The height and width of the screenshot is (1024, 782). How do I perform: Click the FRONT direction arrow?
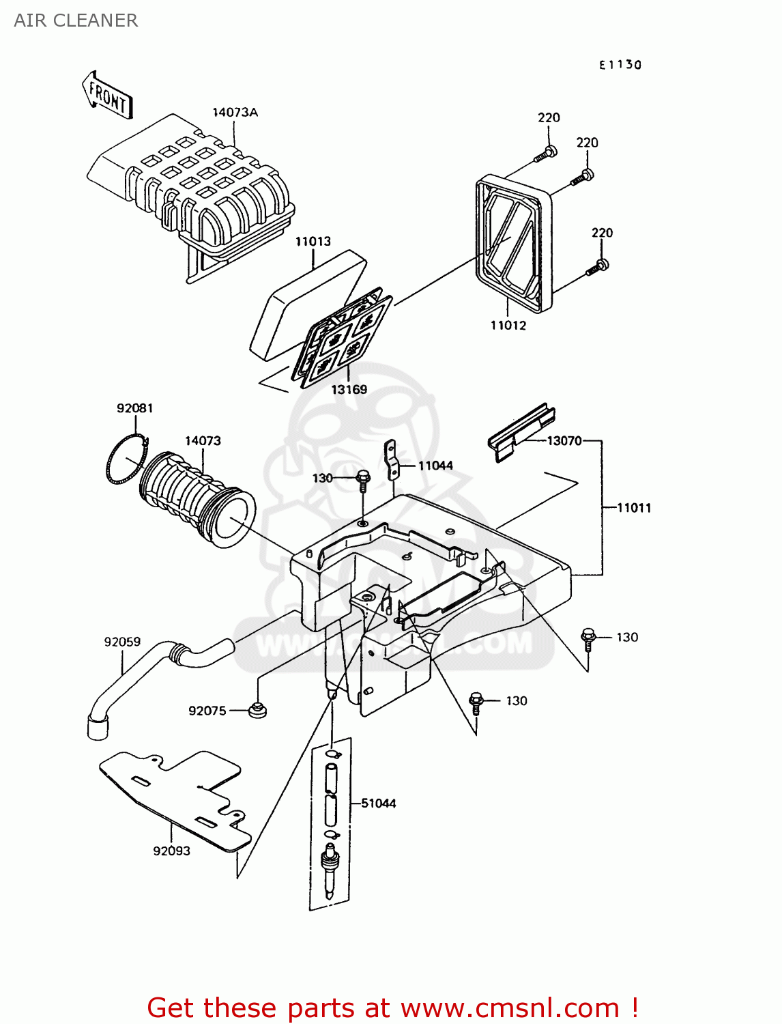[x=108, y=96]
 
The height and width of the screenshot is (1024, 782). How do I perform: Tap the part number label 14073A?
[x=235, y=113]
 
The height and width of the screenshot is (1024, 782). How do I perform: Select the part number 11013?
[x=313, y=242]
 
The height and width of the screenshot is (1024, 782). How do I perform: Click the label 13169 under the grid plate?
[x=349, y=389]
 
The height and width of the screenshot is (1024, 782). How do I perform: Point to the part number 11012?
[x=508, y=326]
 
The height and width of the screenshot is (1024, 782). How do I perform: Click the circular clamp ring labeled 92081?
[x=127, y=461]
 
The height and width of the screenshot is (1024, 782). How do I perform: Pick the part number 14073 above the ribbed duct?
[x=203, y=441]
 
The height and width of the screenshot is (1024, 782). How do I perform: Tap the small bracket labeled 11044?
[x=392, y=461]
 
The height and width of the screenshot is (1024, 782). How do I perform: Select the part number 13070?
[x=564, y=441]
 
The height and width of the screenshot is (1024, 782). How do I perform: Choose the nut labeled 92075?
[x=257, y=710]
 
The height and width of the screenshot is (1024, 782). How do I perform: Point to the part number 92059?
[x=122, y=642]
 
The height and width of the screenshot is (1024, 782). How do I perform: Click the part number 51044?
[x=378, y=803]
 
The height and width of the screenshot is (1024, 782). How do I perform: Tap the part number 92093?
[x=171, y=851]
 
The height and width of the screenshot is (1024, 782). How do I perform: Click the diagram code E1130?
[x=620, y=65]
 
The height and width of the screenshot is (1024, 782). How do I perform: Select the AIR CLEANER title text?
[x=76, y=20]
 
